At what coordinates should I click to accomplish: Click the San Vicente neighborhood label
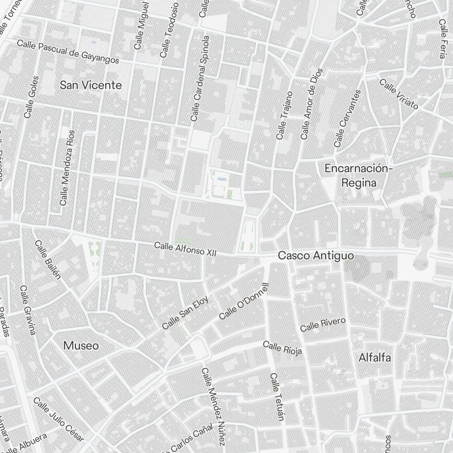point(91,85)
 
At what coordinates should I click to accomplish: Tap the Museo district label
point(81,346)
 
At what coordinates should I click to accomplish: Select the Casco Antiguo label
point(315,256)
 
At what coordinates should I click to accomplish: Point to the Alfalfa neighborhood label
point(375,357)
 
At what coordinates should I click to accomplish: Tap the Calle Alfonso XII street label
point(185,249)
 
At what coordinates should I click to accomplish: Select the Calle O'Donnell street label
point(244,301)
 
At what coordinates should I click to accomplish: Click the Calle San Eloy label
point(185,313)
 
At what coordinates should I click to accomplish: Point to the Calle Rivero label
point(323,324)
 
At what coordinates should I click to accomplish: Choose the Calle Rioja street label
point(282,348)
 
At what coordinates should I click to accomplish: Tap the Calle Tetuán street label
point(276,397)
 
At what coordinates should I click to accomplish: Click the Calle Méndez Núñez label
point(213,406)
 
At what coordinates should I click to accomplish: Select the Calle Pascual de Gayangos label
point(68,52)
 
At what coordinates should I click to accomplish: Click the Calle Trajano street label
point(284,116)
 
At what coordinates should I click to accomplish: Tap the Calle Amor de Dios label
point(311,104)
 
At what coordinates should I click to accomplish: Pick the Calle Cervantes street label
point(347,118)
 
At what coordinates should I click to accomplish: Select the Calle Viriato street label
point(399,94)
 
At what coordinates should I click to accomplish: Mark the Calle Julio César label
point(58,419)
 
